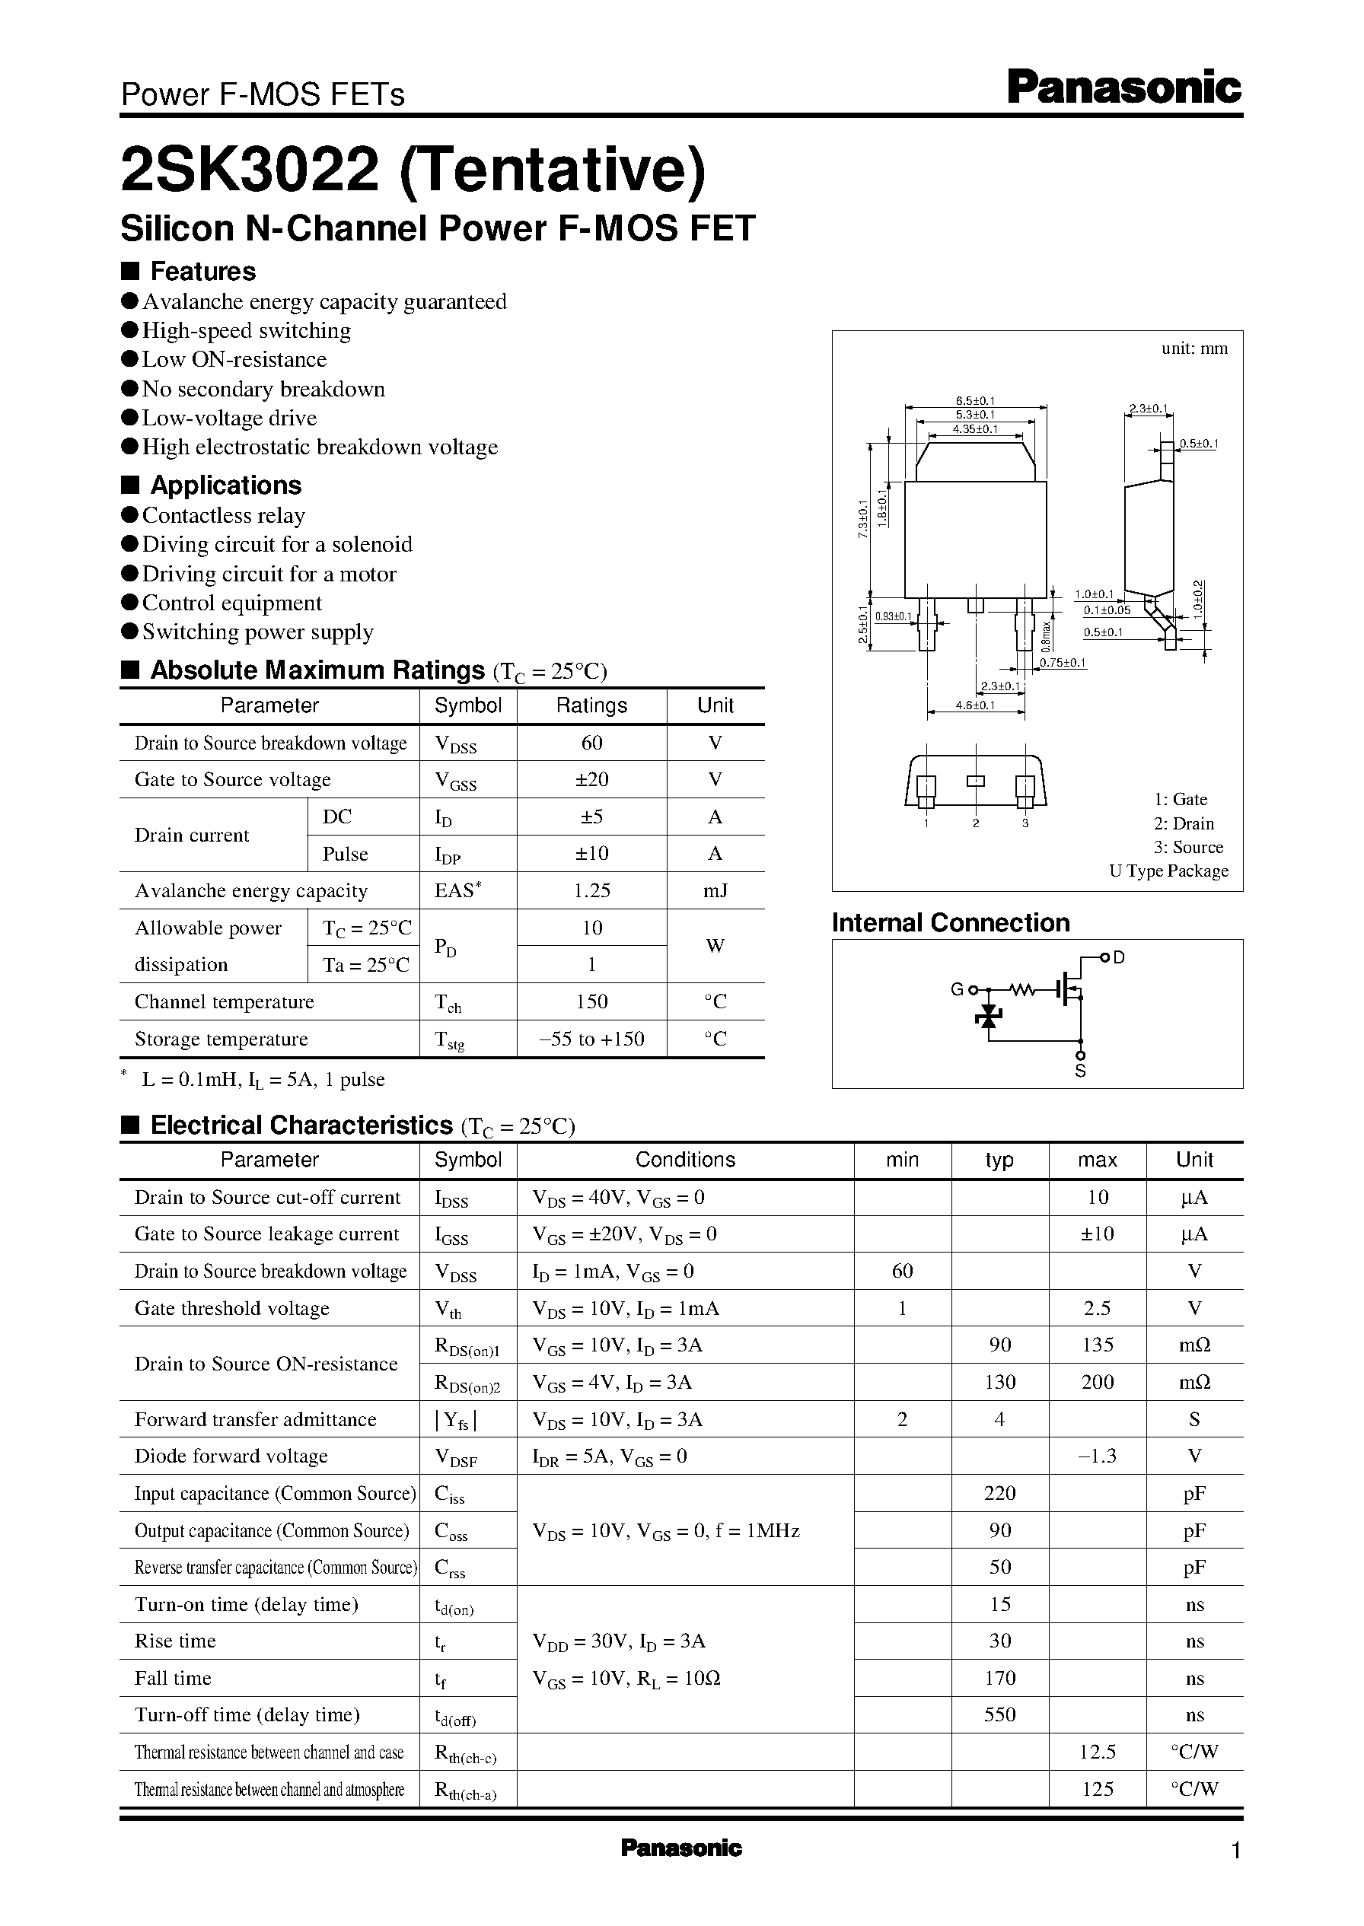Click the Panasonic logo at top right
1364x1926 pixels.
pyautogui.click(x=1123, y=88)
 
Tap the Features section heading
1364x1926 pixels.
pyautogui.click(x=202, y=271)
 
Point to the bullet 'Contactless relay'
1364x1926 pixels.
pyautogui.click(x=222, y=514)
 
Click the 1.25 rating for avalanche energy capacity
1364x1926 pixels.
pyautogui.click(x=591, y=890)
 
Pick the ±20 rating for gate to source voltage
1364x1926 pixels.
pyautogui.click(x=591, y=779)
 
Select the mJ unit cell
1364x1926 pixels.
pyautogui.click(x=715, y=890)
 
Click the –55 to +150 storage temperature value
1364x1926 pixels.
pyautogui.click(x=591, y=1039)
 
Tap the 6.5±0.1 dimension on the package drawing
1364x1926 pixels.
pyautogui.click(x=974, y=401)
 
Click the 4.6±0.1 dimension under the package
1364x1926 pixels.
pyautogui.click(x=974, y=705)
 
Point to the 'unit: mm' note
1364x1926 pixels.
pyautogui.click(x=1193, y=349)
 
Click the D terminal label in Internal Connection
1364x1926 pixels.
pyautogui.click(x=1118, y=957)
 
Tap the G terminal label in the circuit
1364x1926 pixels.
pyautogui.click(x=957, y=990)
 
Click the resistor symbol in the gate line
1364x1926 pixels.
pyautogui.click(x=1022, y=991)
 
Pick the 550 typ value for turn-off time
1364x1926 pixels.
pyautogui.click(x=999, y=1714)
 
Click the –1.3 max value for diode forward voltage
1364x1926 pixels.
pyautogui.click(x=1096, y=1456)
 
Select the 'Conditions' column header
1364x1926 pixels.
pyautogui.click(x=684, y=1160)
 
